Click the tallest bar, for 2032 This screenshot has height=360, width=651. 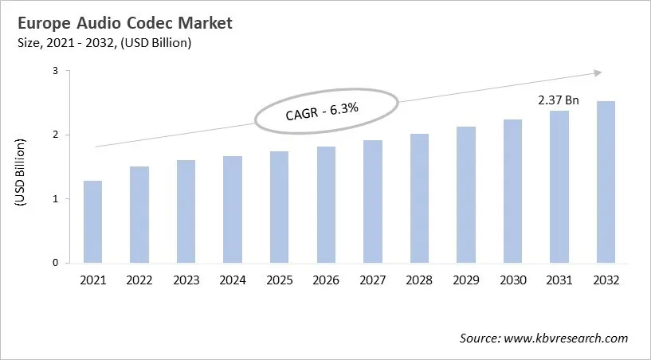[x=605, y=182]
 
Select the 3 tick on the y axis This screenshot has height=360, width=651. [x=56, y=71]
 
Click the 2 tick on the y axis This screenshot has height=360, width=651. [x=56, y=135]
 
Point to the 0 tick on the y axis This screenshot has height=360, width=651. [x=56, y=263]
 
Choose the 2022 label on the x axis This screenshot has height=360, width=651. [x=139, y=280]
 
